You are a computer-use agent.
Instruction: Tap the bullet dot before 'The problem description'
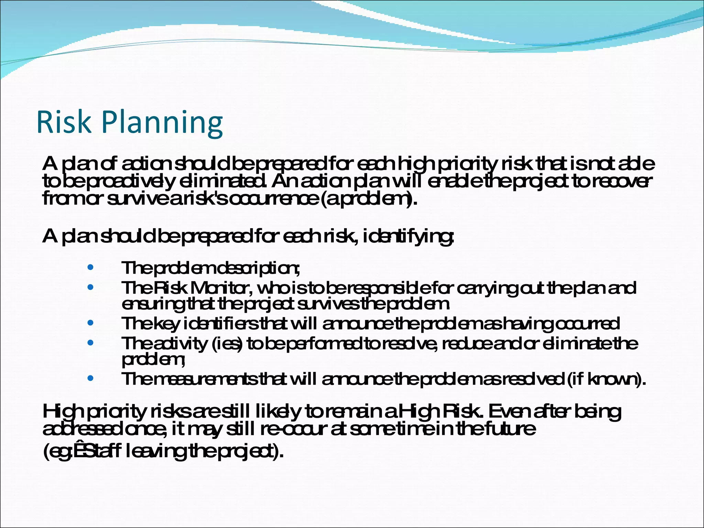pyautogui.click(x=90, y=267)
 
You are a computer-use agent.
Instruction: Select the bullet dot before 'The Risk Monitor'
pyautogui.click(x=90, y=287)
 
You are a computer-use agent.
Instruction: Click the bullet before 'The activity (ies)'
pyautogui.click(x=90, y=343)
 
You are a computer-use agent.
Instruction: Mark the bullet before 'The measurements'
pyautogui.click(x=90, y=378)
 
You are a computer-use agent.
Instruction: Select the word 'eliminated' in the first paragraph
pyautogui.click(x=222, y=181)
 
